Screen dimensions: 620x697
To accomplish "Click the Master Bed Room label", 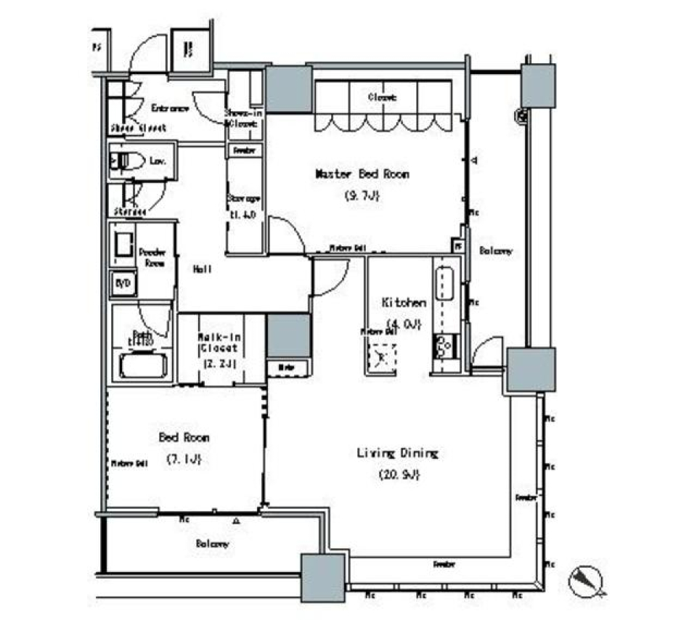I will point(362,174).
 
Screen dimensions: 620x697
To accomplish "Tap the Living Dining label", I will point(397,454).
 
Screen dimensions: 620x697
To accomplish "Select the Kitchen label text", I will point(404,303).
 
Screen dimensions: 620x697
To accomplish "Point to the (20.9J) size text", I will point(399,475).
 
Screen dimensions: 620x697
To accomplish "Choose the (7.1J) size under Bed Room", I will point(184,459).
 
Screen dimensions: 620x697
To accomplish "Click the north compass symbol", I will point(587,581).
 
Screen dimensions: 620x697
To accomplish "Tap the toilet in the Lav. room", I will point(125,160).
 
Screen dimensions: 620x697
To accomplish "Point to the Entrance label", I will point(171,109).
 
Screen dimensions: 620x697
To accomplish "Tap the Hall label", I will point(202,269).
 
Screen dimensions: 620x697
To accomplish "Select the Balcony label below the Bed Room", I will point(212,543).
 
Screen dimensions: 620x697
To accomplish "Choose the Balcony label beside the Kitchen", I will point(496,251).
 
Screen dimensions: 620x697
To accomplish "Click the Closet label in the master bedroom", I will point(380,97).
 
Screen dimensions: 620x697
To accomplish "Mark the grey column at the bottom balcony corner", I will point(322,577).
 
